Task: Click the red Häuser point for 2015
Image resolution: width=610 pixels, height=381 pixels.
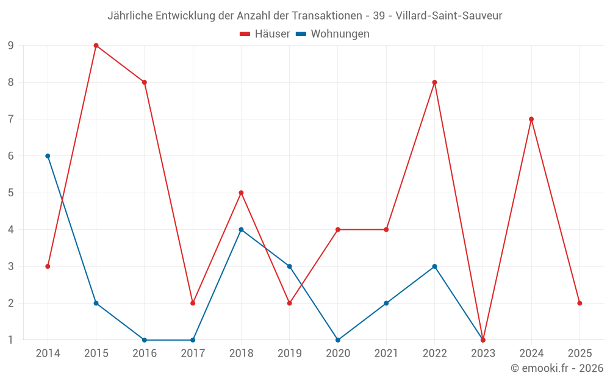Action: (x=96, y=46)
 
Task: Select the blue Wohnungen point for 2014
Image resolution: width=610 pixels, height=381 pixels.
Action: (x=48, y=156)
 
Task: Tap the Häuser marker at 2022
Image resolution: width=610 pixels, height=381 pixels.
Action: (x=434, y=82)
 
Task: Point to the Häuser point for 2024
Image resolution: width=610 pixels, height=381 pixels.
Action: (x=531, y=119)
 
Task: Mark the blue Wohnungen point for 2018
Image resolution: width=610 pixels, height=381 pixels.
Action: (x=241, y=230)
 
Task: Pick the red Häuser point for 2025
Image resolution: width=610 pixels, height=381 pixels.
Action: (x=579, y=303)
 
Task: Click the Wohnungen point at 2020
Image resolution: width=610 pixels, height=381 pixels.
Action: (x=338, y=340)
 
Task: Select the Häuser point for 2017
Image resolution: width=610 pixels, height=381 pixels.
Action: (x=193, y=303)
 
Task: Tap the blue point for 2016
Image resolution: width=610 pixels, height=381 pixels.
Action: (x=145, y=340)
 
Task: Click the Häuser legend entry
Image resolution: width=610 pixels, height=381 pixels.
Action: (x=265, y=34)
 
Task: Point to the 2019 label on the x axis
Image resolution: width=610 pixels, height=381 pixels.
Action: (x=289, y=354)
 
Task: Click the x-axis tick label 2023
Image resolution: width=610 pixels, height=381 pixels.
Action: (x=483, y=354)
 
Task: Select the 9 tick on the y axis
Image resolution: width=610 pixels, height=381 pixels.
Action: (x=11, y=46)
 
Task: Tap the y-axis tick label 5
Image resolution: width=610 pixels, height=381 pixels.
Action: (x=11, y=193)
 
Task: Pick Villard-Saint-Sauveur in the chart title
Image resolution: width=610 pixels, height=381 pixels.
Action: (x=449, y=16)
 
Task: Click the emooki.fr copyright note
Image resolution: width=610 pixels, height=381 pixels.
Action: (x=557, y=368)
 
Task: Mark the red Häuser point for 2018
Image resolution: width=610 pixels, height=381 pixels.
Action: (x=241, y=193)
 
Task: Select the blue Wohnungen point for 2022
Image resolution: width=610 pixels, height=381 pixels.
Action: (x=434, y=266)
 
